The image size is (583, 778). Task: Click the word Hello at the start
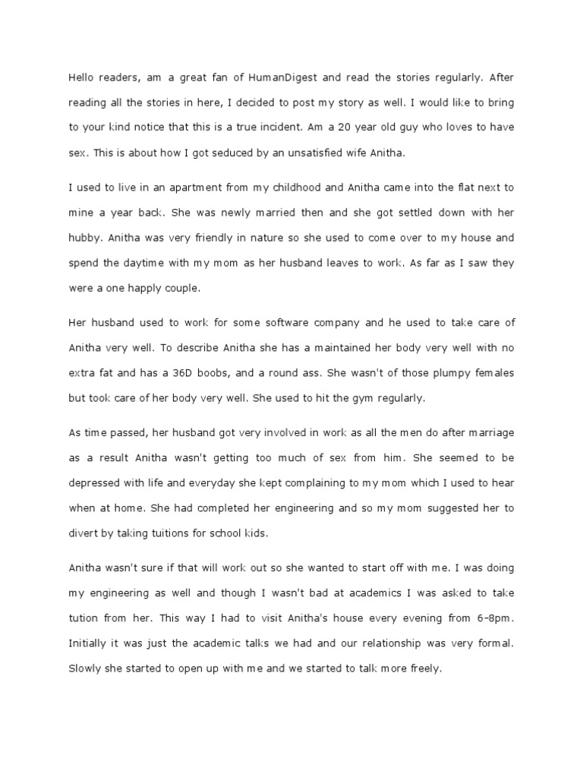coord(83,76)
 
